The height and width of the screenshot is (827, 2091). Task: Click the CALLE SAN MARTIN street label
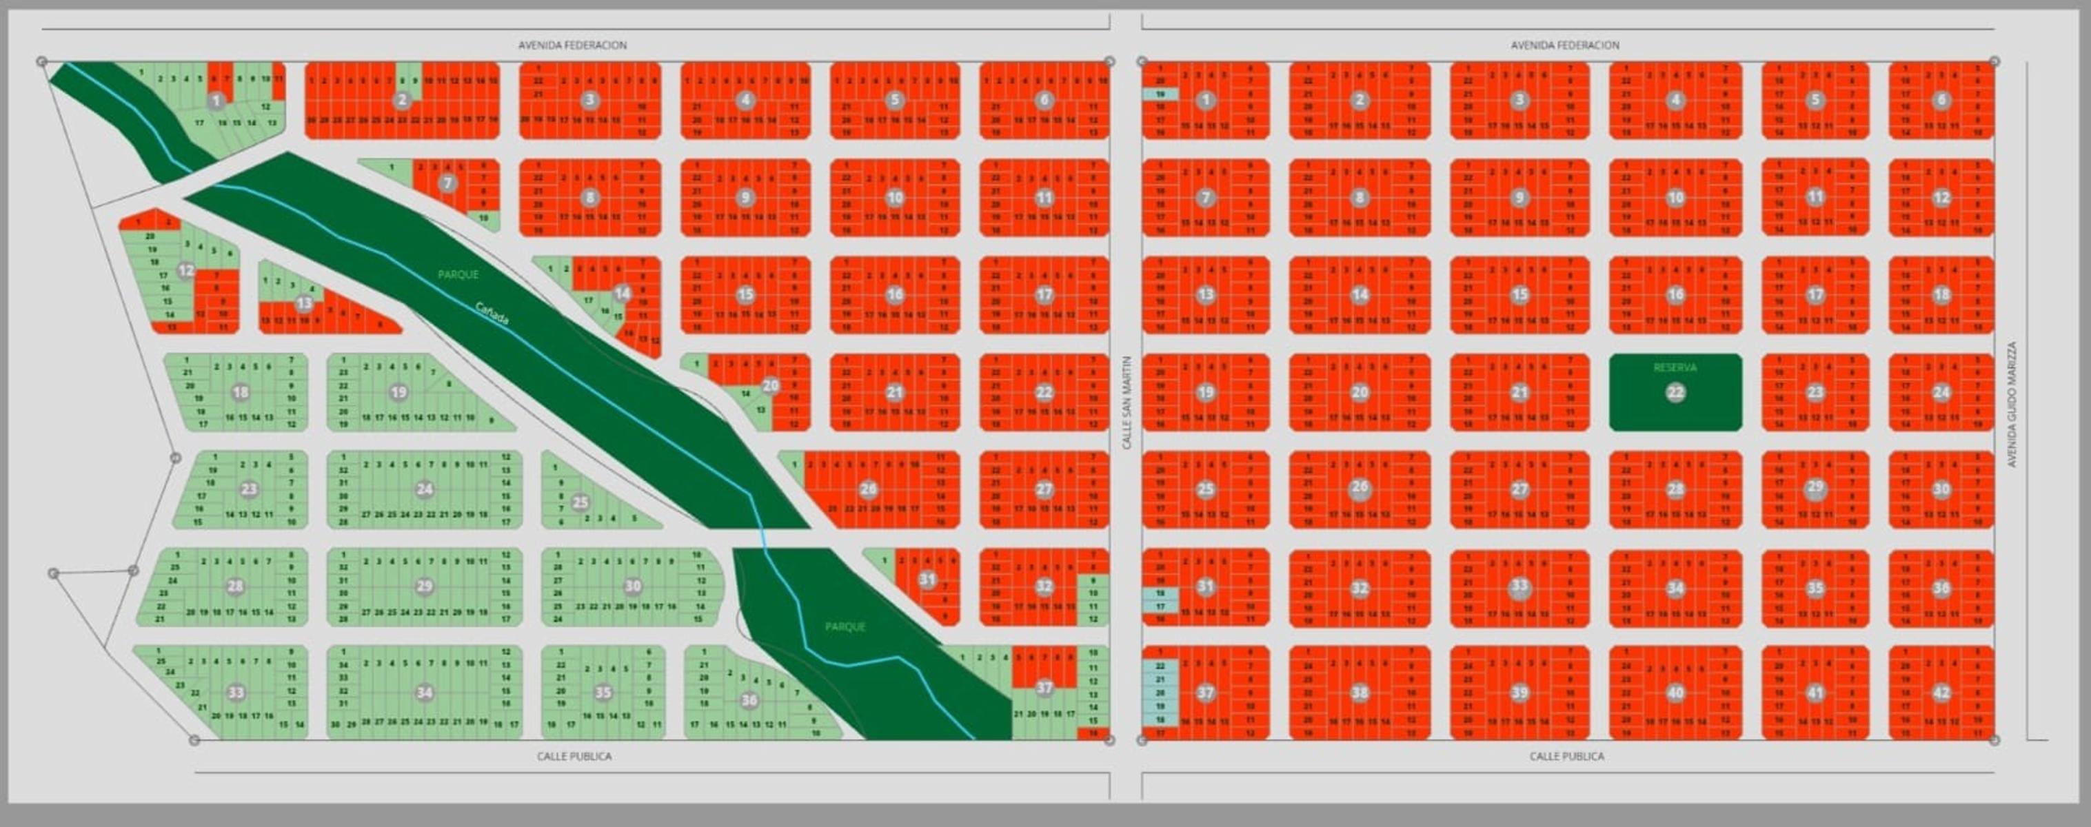[1127, 402]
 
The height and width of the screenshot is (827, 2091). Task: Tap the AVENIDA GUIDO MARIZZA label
[2012, 404]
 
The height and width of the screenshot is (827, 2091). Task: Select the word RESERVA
[1675, 367]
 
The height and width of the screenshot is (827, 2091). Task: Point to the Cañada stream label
[492, 314]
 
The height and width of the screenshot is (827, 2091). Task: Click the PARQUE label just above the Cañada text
[458, 275]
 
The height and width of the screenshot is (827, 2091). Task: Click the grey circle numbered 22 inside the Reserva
[1675, 393]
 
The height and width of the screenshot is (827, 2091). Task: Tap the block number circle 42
[1941, 693]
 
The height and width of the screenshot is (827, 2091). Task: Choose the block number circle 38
[1360, 693]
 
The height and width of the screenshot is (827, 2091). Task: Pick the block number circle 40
[1675, 693]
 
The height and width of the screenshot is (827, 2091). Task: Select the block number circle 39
[1519, 693]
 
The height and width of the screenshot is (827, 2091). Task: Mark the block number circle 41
[1816, 693]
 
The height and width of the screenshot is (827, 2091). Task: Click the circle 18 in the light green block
[241, 393]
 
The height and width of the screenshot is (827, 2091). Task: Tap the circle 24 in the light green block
[424, 489]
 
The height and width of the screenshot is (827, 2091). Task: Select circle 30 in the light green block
[632, 586]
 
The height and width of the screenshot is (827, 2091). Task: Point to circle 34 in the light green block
[424, 693]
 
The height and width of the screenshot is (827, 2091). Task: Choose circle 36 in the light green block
[749, 700]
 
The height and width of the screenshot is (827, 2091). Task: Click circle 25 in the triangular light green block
[580, 502]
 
